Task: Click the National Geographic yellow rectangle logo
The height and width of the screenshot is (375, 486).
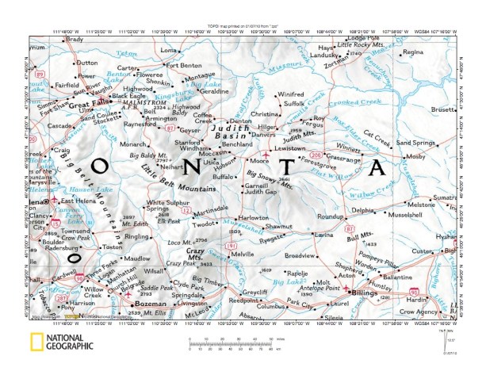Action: point(35,343)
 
